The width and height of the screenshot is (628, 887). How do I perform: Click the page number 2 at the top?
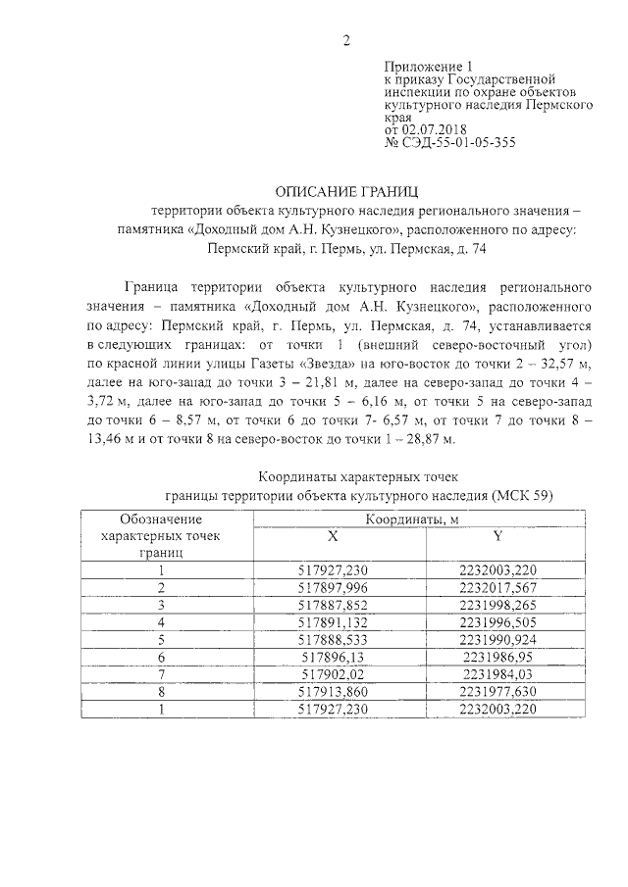click(x=345, y=40)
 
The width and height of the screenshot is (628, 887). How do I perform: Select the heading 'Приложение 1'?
click(x=421, y=63)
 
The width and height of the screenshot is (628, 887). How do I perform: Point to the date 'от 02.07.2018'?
click(x=425, y=128)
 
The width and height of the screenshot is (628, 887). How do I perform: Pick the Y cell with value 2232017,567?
click(x=497, y=586)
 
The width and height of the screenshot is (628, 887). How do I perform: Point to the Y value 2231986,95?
click(x=497, y=656)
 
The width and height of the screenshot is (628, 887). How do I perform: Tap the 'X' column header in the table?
click(x=332, y=535)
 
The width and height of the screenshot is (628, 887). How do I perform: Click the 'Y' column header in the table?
click(x=497, y=535)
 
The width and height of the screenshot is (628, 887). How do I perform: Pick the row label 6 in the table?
click(x=161, y=656)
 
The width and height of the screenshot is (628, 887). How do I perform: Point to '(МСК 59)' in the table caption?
click(x=522, y=495)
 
